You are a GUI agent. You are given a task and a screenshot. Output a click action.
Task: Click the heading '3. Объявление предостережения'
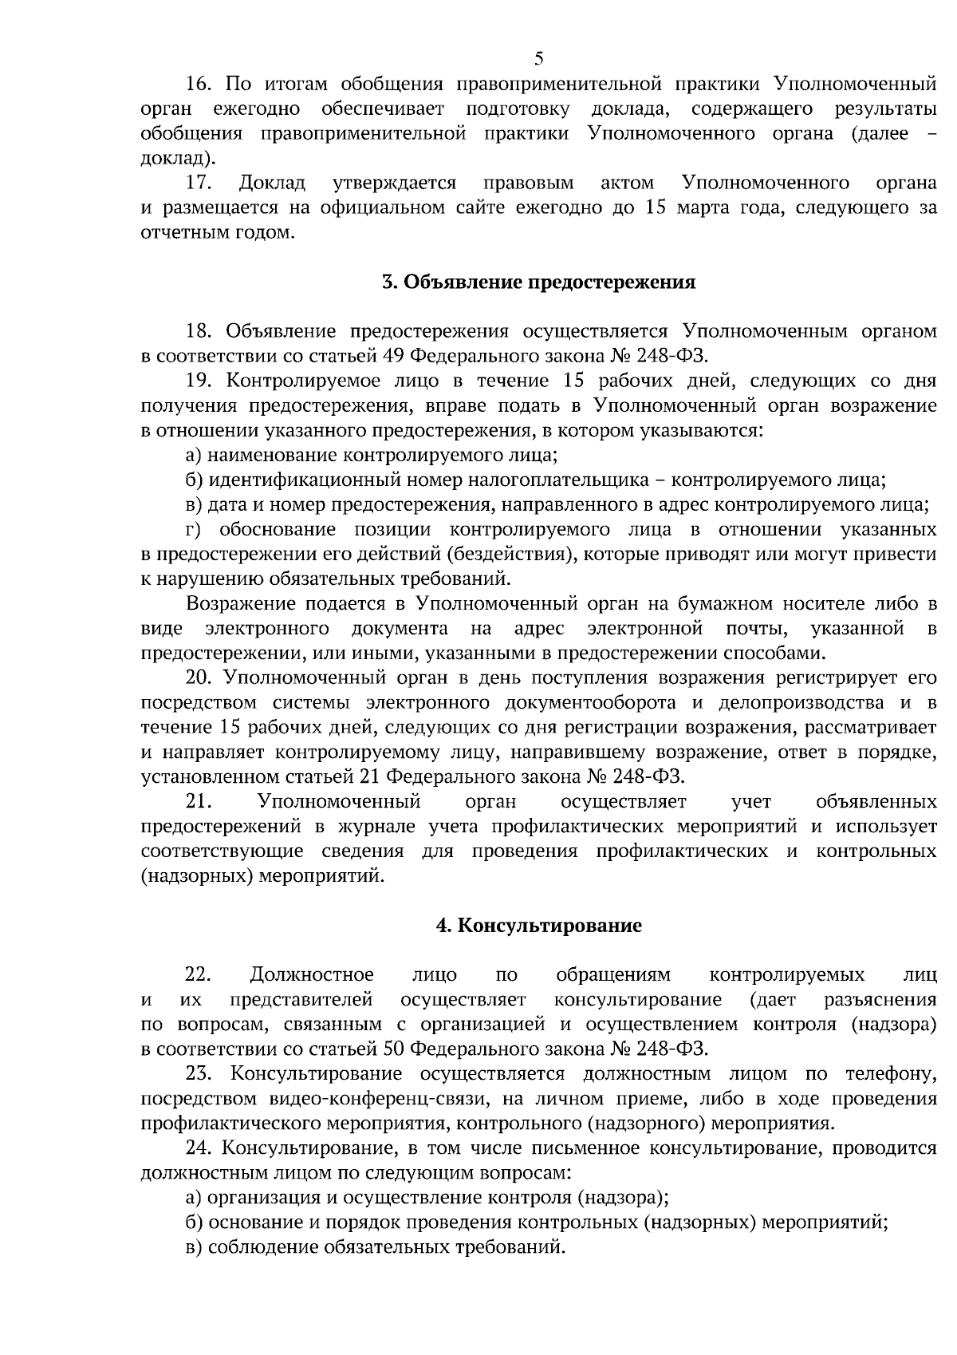(x=538, y=282)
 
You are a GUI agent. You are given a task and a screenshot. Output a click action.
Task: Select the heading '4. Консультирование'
(x=538, y=926)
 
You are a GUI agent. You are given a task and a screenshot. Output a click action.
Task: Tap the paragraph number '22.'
(x=199, y=975)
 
